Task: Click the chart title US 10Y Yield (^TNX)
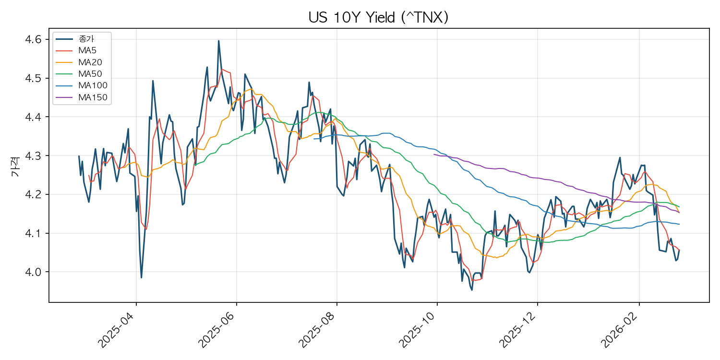tap(378, 17)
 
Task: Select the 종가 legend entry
tap(75, 39)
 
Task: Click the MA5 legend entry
tap(76, 50)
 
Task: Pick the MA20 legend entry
tap(79, 62)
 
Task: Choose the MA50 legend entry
tap(79, 74)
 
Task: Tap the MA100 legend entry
tap(82, 85)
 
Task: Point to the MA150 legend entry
tap(82, 97)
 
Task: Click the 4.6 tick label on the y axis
tap(34, 39)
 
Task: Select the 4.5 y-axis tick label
tap(34, 78)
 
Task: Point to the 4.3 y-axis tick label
tap(34, 156)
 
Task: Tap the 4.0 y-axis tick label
tap(34, 272)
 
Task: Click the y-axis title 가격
tap(15, 167)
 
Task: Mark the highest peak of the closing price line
tap(218, 41)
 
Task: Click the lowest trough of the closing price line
tap(472, 290)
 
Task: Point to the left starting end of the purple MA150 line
tap(434, 155)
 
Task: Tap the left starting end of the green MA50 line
tap(195, 165)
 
